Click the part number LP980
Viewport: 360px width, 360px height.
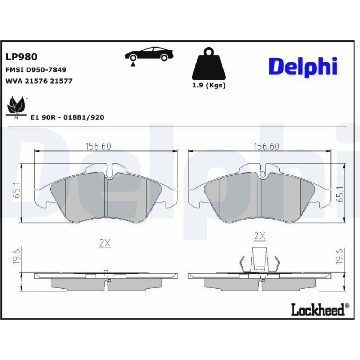tap(21, 57)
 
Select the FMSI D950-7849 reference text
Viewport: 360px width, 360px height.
tap(36, 69)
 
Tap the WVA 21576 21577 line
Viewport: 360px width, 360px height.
tap(39, 81)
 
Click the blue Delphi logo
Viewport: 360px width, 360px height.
tap(303, 67)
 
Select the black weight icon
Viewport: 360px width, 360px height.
tap(208, 63)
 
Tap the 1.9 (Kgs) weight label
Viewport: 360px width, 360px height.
tap(209, 85)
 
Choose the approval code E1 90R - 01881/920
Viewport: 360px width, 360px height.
tap(67, 117)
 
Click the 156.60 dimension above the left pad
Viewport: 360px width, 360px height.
tap(98, 146)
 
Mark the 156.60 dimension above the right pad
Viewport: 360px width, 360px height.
tap(266, 146)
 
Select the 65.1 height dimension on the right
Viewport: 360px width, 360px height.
tap(341, 194)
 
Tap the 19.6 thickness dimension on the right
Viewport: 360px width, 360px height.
tap(340, 256)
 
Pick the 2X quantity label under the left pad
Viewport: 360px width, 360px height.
tap(105, 243)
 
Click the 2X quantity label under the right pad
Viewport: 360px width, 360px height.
tap(260, 236)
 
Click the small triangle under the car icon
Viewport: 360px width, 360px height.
tap(133, 64)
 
